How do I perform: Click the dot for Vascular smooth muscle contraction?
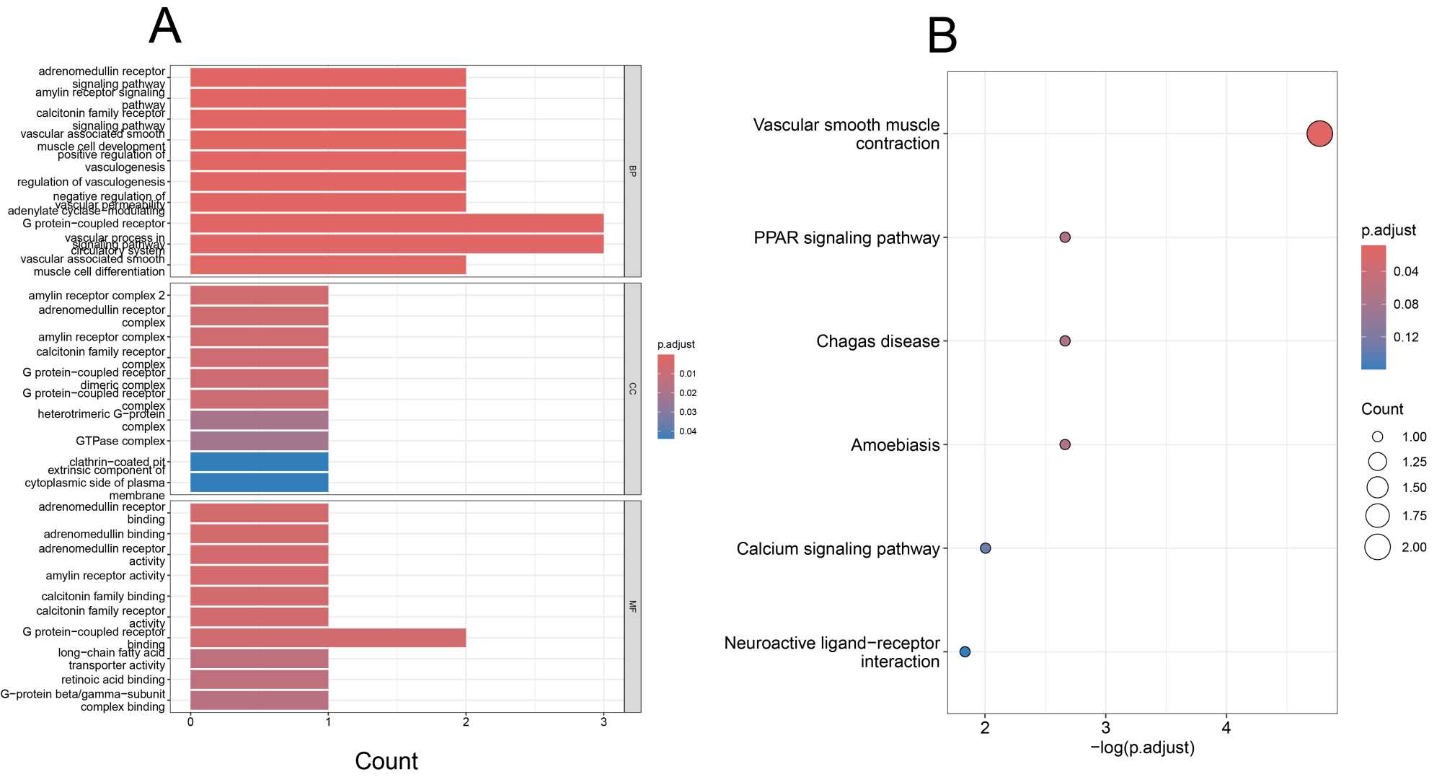(1319, 133)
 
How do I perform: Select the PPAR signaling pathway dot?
(1065, 237)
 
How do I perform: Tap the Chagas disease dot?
(1065, 341)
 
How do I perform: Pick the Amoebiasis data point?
(1065, 444)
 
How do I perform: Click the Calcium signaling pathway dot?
(986, 548)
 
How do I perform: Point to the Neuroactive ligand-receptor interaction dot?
(965, 651)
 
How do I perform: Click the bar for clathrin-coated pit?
(259, 462)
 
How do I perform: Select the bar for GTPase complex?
(259, 441)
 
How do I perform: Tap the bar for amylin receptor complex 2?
(259, 295)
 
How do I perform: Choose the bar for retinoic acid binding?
(259, 680)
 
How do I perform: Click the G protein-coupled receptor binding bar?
(328, 638)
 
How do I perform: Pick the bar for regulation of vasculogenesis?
(328, 182)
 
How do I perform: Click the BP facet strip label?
(632, 171)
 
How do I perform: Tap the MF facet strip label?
(632, 606)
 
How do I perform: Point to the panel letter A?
(164, 27)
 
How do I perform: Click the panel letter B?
(942, 35)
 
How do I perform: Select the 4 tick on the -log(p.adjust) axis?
(1226, 727)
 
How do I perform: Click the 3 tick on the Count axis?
(603, 722)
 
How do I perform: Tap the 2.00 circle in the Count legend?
(1377, 547)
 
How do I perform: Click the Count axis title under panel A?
(386, 761)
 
